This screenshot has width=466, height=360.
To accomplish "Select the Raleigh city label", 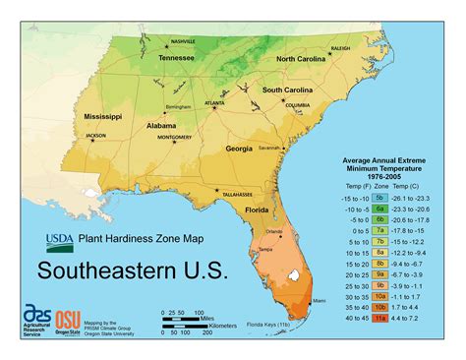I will pyautogui.click(x=340, y=47).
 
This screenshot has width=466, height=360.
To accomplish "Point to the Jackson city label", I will pyautogui.click(x=95, y=136).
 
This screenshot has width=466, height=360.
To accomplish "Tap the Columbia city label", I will pyautogui.click(x=298, y=105).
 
